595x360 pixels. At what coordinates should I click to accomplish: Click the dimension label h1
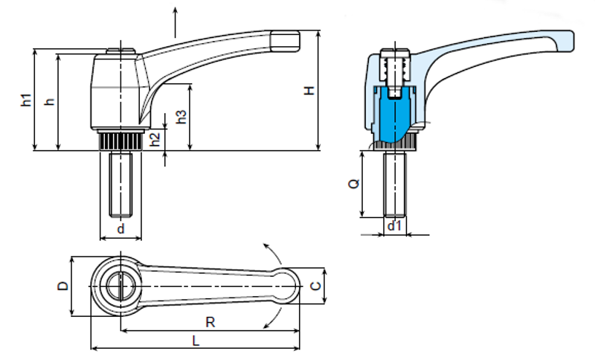coord(25,100)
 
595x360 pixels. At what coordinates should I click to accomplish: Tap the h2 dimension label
coord(154,138)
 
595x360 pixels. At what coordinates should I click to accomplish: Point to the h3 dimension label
coord(181,117)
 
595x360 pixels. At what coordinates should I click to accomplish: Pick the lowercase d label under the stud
coord(120,229)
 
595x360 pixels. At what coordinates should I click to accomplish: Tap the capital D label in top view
coord(63,286)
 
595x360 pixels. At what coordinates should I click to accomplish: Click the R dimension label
coord(210,322)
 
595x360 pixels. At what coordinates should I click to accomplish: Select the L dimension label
coord(195,341)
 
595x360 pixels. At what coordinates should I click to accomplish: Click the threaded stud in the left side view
coord(120,182)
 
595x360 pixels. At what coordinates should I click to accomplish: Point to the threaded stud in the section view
coord(395,182)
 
